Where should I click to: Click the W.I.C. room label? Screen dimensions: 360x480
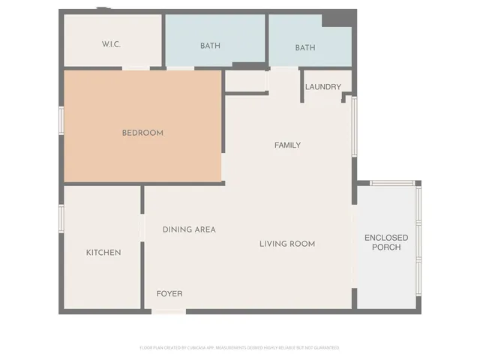click(x=112, y=45)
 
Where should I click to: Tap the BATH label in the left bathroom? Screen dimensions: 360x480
click(x=210, y=46)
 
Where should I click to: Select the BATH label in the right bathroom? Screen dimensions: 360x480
click(x=305, y=48)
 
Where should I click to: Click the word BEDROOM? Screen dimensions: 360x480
click(x=142, y=133)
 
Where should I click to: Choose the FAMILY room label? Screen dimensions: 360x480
click(x=287, y=145)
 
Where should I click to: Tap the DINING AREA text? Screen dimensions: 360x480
click(x=189, y=229)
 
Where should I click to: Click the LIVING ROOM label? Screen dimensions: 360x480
click(x=287, y=244)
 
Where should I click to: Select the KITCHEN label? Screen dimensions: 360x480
click(x=103, y=253)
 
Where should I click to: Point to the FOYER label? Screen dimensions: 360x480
click(x=169, y=293)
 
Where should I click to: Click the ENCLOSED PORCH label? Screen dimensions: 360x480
click(x=386, y=242)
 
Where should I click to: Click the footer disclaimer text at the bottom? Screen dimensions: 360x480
click(x=240, y=348)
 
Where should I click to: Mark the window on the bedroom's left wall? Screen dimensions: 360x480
click(x=61, y=122)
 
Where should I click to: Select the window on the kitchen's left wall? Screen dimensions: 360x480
click(x=61, y=217)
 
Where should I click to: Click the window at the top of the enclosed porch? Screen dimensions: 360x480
click(x=392, y=183)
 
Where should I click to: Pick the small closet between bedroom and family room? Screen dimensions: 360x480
click(x=246, y=81)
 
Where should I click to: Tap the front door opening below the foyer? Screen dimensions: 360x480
click(x=169, y=310)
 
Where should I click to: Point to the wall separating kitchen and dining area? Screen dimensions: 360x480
click(x=142, y=247)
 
